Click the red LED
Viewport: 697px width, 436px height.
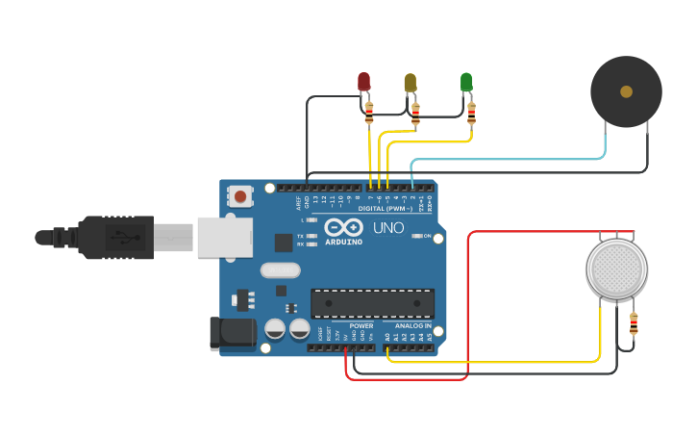point(363,82)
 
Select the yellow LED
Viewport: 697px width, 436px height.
point(411,82)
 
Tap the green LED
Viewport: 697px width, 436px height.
point(466,82)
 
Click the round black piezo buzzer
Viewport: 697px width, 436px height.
point(626,91)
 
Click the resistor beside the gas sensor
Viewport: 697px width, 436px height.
point(634,324)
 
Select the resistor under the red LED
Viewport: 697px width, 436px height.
point(369,115)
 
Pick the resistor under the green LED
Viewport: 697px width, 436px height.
point(471,114)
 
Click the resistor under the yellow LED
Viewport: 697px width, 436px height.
point(415,115)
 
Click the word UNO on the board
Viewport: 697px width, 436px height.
point(388,228)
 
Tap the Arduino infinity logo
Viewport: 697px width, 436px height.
point(343,227)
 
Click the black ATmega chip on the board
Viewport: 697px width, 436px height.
point(372,303)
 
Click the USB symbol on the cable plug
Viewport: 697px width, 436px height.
point(124,237)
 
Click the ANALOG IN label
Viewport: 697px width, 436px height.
point(414,325)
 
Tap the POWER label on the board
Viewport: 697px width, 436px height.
point(361,325)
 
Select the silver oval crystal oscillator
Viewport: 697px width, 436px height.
point(280,270)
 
